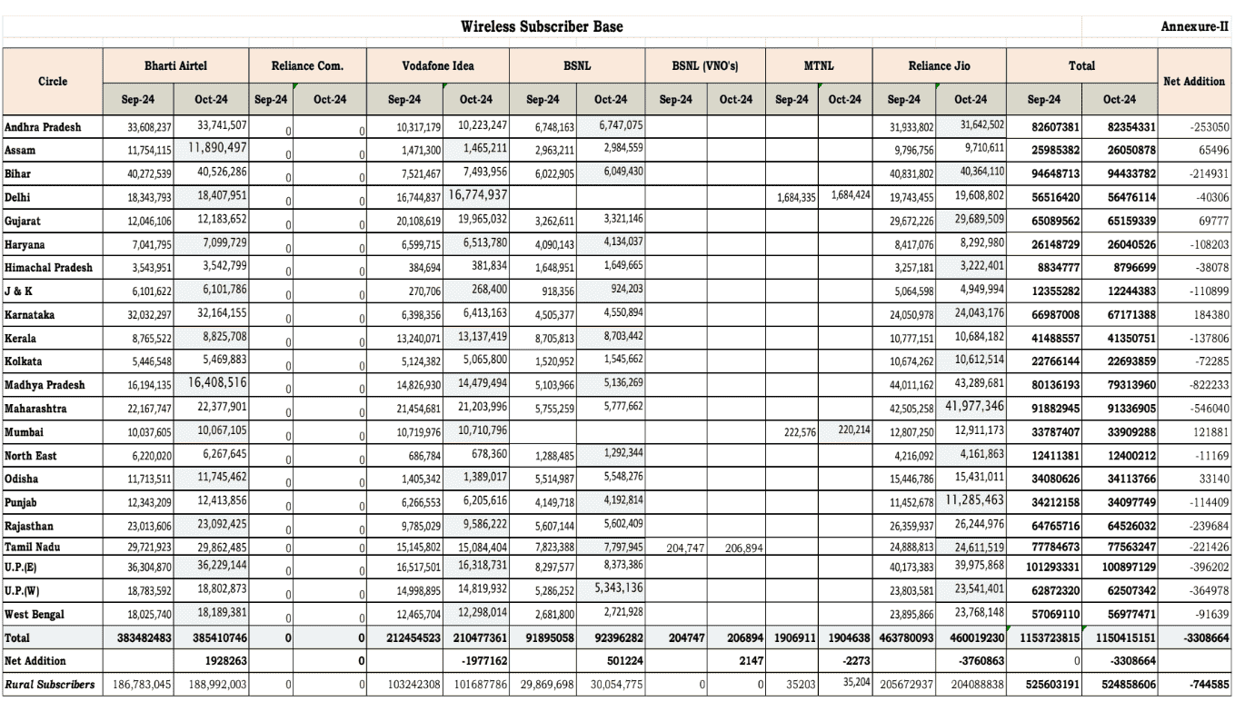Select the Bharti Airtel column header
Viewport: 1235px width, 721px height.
click(178, 67)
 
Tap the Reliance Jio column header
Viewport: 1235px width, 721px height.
click(938, 67)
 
